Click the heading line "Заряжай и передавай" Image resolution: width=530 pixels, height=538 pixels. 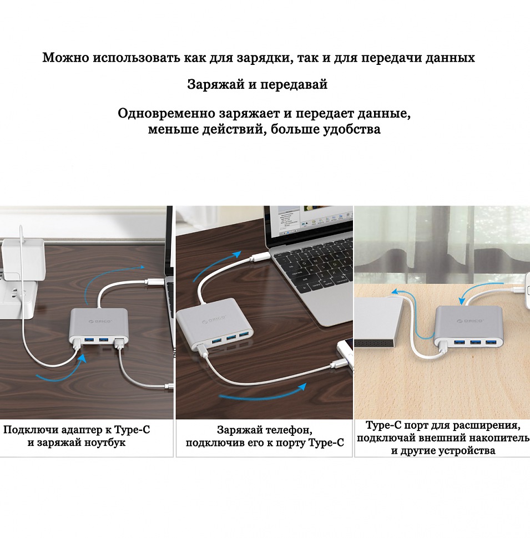[x=257, y=85]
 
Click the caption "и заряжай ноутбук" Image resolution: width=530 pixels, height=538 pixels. [x=77, y=443]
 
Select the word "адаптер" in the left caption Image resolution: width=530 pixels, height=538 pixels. [x=77, y=430]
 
